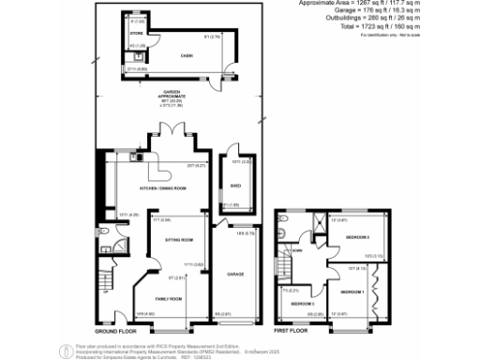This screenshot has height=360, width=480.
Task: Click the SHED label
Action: pyautogui.click(x=235, y=186)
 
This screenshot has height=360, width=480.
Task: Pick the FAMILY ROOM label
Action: pyautogui.click(x=168, y=299)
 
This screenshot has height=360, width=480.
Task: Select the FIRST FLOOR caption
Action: pyautogui.click(x=292, y=331)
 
